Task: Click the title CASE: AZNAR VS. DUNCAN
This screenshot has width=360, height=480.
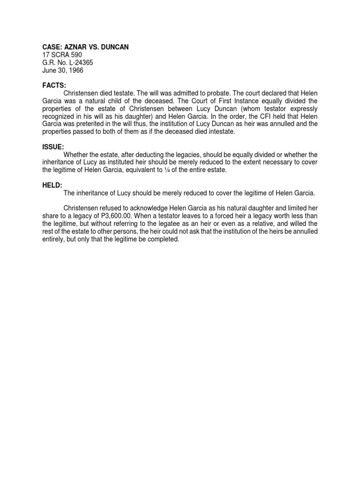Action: point(85,47)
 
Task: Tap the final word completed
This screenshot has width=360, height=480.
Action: point(163,240)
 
